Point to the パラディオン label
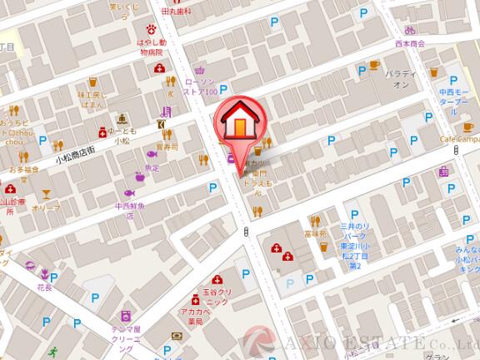(x=401, y=79)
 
